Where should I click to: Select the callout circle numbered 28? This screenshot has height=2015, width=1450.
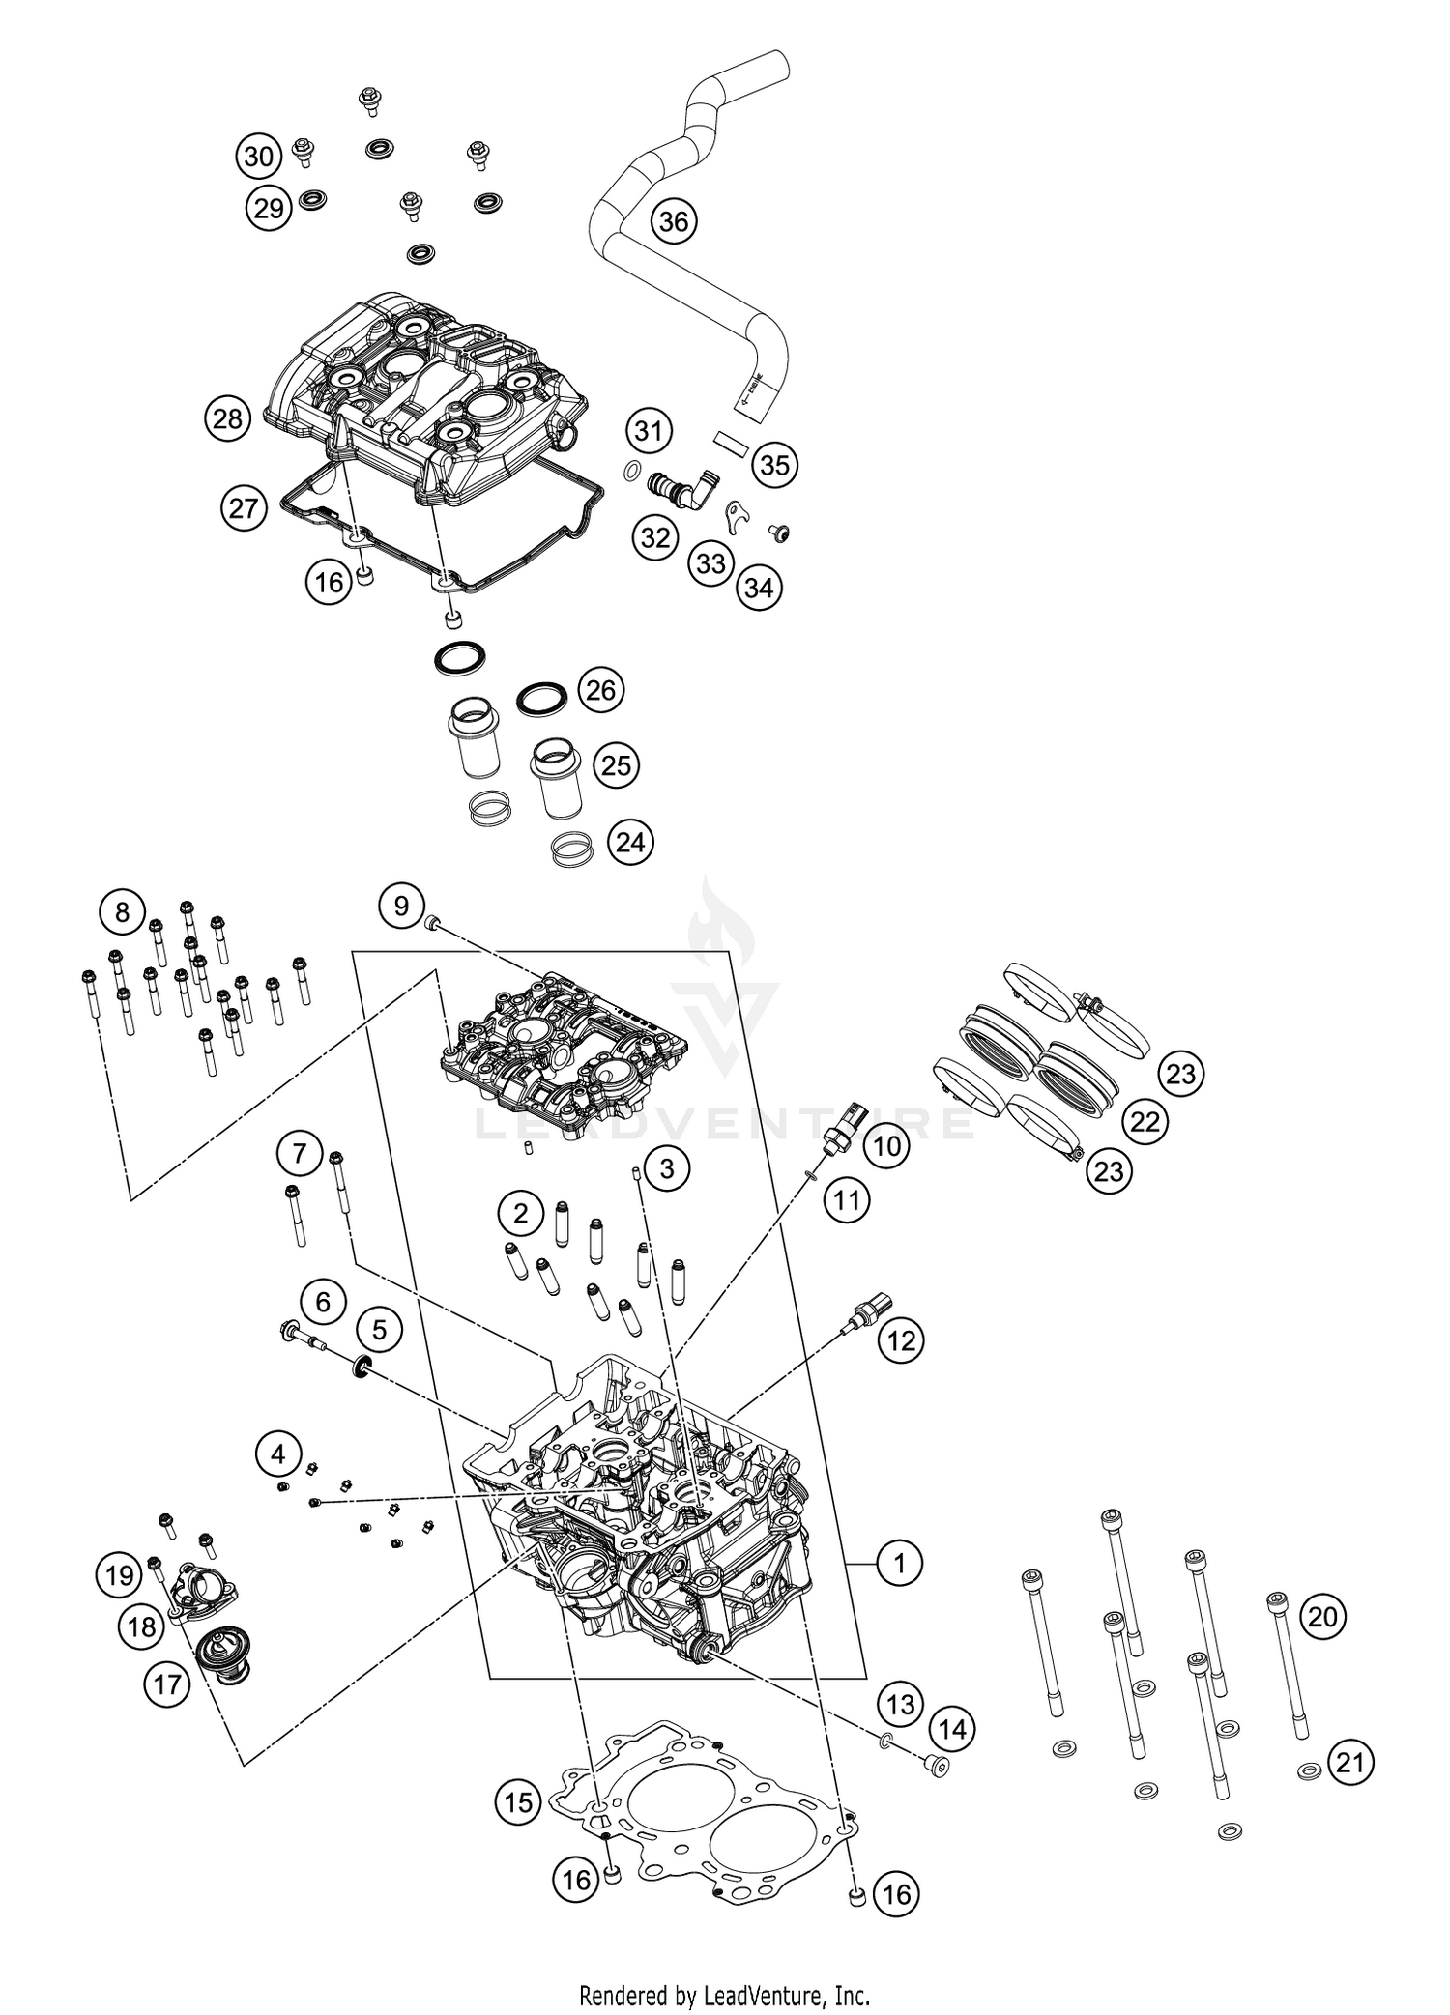[x=228, y=418]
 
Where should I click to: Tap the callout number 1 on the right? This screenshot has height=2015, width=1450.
[x=900, y=1561]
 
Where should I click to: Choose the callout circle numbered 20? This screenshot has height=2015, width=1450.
[x=1323, y=1615]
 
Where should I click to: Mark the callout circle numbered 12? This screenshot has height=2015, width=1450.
[x=901, y=1339]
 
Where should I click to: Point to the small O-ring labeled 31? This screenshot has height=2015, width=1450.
[x=630, y=471]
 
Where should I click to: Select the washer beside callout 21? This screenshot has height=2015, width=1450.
[x=1310, y=1770]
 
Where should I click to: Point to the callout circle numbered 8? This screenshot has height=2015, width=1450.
[x=122, y=912]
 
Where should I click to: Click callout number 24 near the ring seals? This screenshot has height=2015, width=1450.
[x=630, y=843]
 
